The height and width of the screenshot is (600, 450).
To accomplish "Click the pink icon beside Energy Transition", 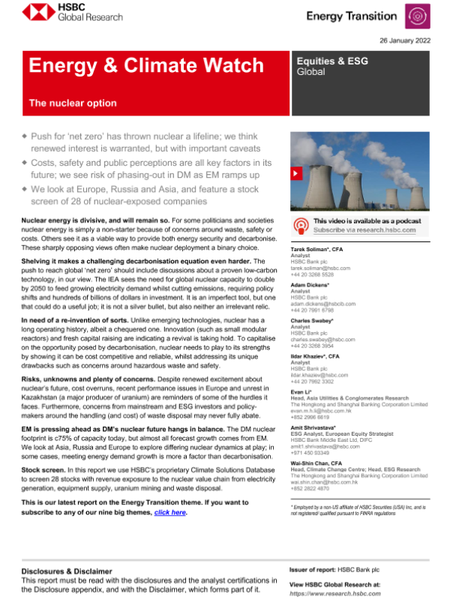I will tap(416, 16).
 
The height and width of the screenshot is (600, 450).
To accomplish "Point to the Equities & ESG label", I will tap(332, 61).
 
